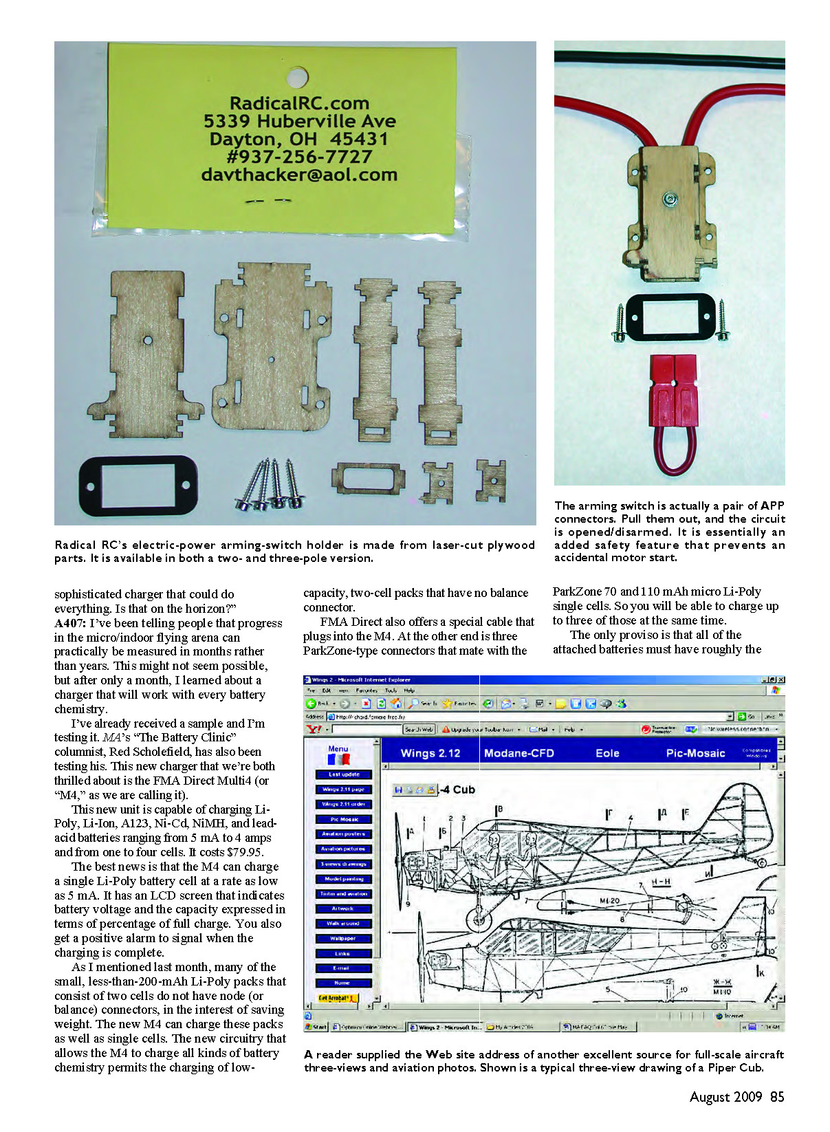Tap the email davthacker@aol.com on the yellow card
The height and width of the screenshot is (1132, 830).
coord(299,175)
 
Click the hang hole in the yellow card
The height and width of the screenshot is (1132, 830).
coord(297,76)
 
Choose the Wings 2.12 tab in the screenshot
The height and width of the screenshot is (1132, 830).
coord(430,753)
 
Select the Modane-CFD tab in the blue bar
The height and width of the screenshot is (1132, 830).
coord(519,753)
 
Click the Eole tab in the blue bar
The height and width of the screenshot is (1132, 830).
coord(607,753)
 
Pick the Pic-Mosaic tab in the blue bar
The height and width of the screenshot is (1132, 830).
coord(695,753)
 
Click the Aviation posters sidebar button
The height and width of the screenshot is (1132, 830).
coord(343,834)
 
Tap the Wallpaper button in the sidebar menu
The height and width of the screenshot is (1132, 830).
coord(343,938)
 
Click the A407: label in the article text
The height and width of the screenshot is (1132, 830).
coord(70,623)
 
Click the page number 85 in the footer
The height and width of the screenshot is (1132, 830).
coord(777,1097)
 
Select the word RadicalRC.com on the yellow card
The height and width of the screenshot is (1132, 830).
coord(299,104)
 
